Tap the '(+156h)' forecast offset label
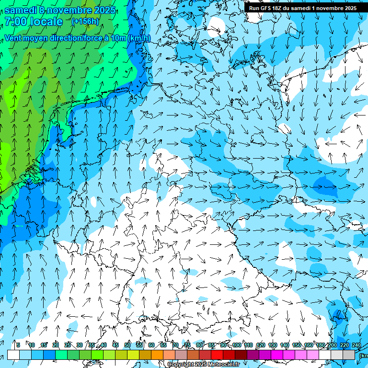click(x=85, y=21)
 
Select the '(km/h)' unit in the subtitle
click(x=139, y=38)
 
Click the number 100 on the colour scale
click(x=236, y=345)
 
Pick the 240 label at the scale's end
click(x=356, y=345)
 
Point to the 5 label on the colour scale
click(x=18, y=345)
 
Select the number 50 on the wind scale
click(x=127, y=345)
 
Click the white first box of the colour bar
click(x=13, y=355)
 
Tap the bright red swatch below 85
click(x=217, y=355)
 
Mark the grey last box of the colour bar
click(x=349, y=355)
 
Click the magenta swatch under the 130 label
click(x=277, y=355)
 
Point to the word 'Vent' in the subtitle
click(x=14, y=38)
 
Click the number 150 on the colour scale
click(x=297, y=345)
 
